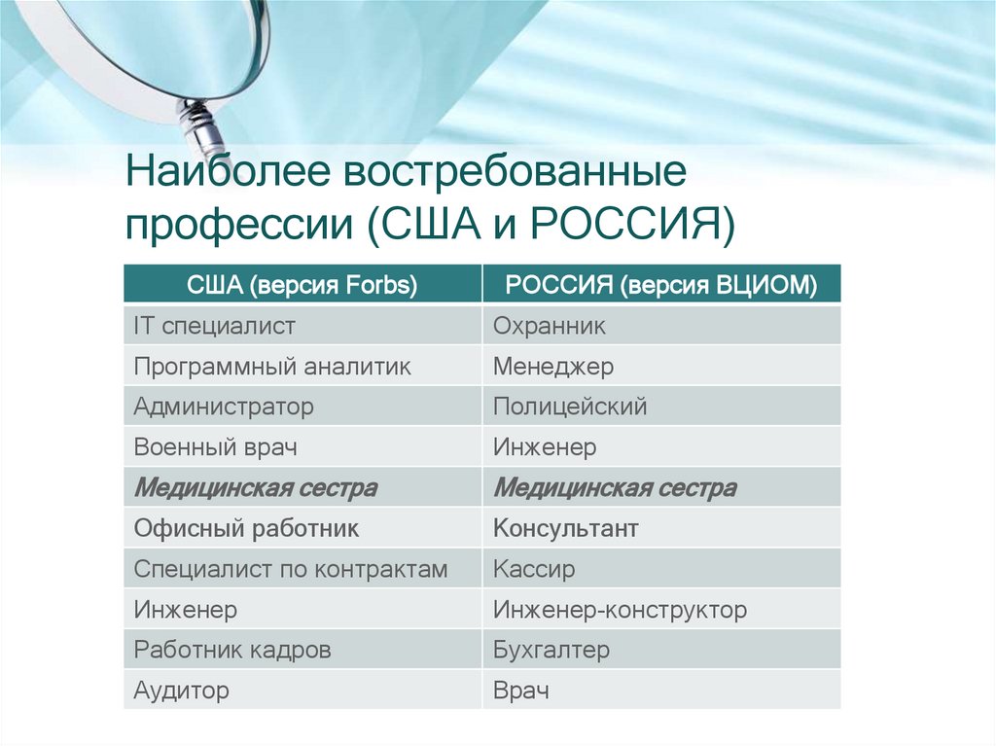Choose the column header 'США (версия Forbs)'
(302, 284)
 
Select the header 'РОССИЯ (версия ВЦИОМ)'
(661, 284)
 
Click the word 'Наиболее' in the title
(228, 170)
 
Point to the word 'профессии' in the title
(239, 225)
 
